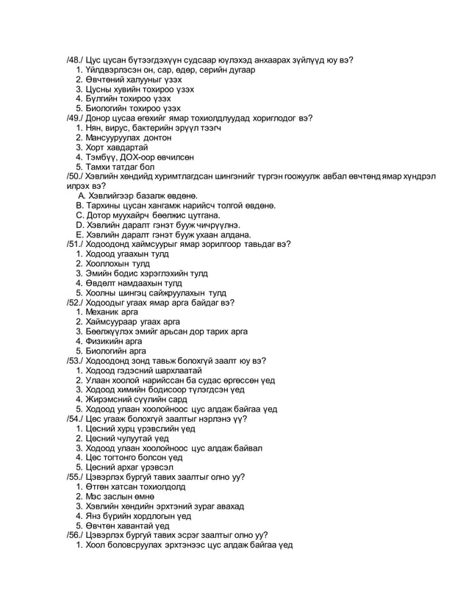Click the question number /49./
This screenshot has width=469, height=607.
75,118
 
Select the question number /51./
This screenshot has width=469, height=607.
75,244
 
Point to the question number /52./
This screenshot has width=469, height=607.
75,302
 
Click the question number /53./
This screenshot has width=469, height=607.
75,360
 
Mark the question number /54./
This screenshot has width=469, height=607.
75,418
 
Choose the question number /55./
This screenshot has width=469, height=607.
75,476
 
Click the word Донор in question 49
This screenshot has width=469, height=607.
100,118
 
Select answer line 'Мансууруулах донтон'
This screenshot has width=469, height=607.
129,137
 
